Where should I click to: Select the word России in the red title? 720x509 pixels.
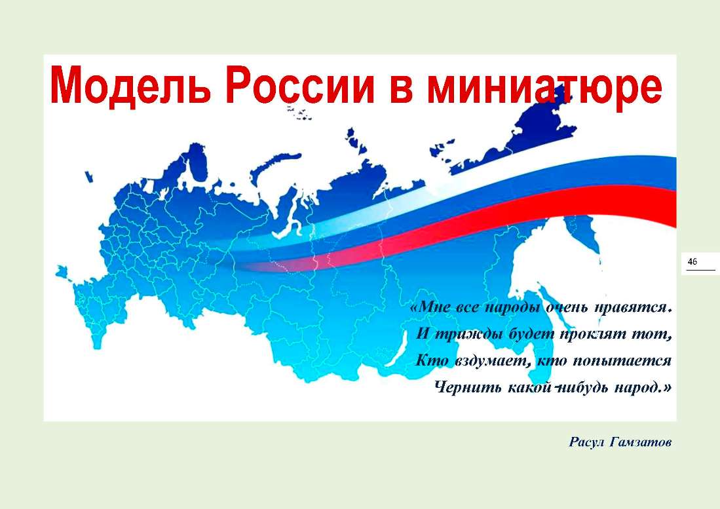(300, 85)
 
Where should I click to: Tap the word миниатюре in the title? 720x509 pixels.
(544, 86)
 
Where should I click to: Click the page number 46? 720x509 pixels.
(692, 261)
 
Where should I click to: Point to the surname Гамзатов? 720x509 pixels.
(641, 442)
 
